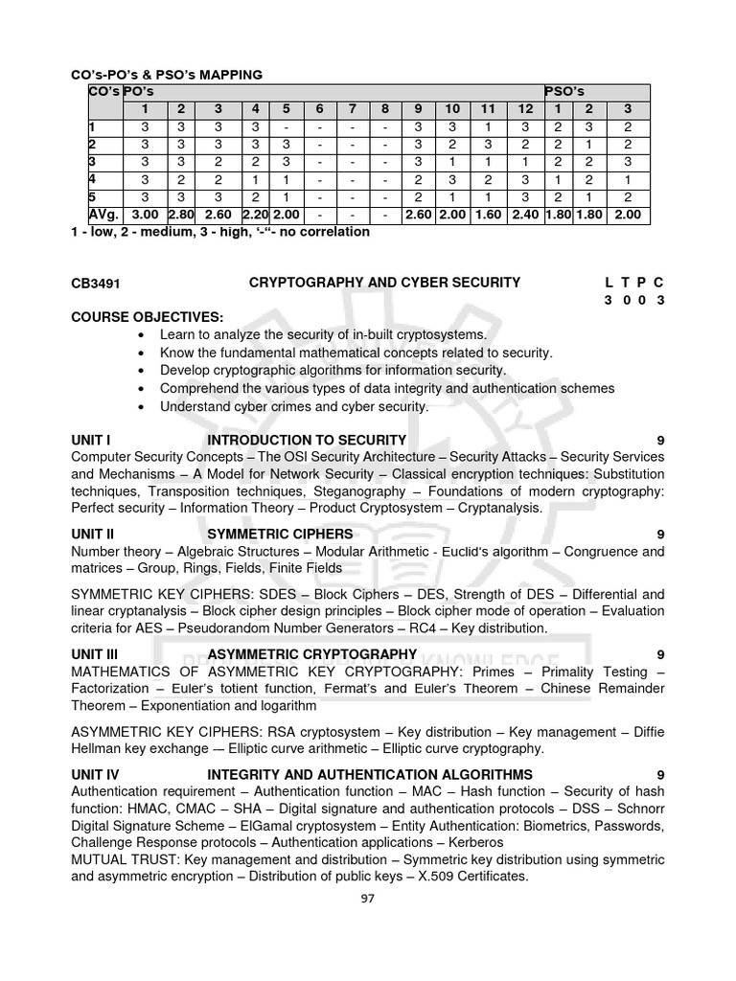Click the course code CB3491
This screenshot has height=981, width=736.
click(x=94, y=283)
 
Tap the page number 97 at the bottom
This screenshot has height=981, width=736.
click(x=367, y=899)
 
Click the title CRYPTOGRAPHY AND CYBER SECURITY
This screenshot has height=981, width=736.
click(x=384, y=283)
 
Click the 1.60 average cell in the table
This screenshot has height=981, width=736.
click(x=488, y=216)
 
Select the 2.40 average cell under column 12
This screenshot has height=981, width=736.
click(x=524, y=216)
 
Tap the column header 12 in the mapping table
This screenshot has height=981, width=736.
click(x=524, y=108)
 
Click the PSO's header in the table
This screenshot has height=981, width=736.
click(x=563, y=91)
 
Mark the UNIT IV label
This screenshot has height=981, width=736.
click(x=95, y=774)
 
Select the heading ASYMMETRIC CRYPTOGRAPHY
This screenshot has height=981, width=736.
click(x=311, y=654)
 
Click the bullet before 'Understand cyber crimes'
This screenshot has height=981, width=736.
click(x=142, y=407)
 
